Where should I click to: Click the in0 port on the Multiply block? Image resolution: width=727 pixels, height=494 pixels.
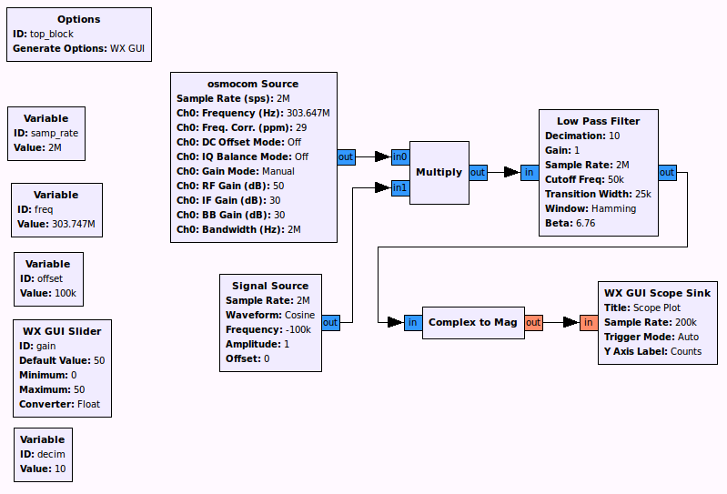(x=400, y=156)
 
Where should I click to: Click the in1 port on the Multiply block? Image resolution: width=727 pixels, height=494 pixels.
(x=400, y=187)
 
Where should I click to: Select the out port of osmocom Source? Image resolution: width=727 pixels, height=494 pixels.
(x=346, y=156)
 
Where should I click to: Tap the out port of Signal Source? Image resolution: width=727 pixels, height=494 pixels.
(x=330, y=322)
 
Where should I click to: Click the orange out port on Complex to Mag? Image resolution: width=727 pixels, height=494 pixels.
(x=533, y=322)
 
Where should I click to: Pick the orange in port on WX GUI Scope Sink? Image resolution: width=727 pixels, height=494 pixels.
(x=589, y=322)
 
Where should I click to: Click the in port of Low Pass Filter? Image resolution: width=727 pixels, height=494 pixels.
(x=530, y=172)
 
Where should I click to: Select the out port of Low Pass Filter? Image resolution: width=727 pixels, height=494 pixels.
(x=667, y=172)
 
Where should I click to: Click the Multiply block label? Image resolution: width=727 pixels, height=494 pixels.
(x=439, y=172)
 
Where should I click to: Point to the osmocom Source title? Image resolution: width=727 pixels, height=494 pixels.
(x=254, y=84)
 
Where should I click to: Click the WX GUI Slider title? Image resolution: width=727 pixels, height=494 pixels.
(x=62, y=331)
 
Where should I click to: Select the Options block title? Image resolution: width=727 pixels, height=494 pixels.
(x=78, y=19)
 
